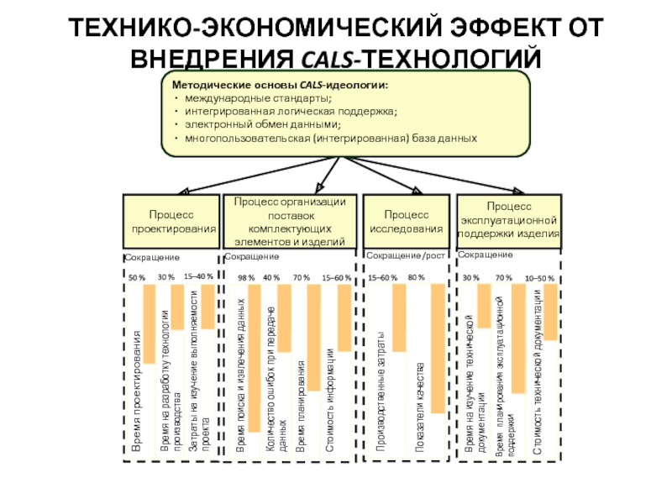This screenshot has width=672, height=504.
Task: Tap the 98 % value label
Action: tap(246, 277)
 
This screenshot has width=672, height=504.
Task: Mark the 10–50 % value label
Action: tap(539, 277)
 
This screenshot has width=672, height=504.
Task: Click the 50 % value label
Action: tap(136, 276)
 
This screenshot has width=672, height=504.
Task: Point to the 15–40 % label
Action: tap(199, 276)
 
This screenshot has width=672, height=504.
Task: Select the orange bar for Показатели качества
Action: tap(437, 348)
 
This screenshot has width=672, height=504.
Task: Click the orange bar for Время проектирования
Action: tap(149, 323)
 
